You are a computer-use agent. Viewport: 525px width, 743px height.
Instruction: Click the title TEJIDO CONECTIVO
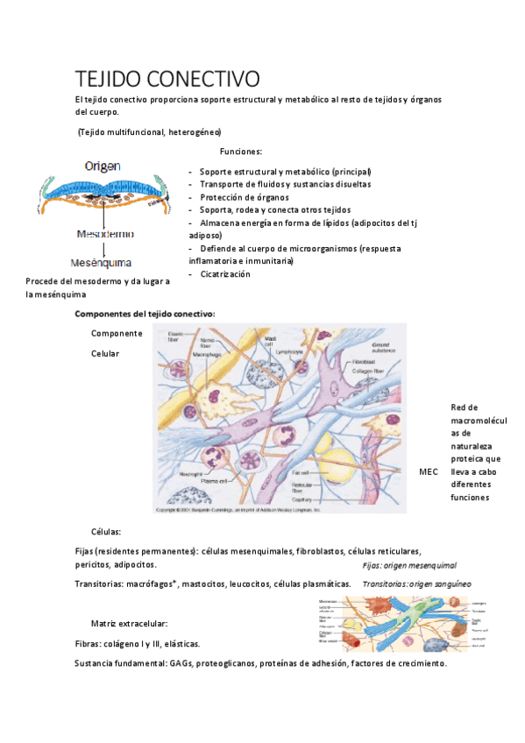pyautogui.click(x=167, y=78)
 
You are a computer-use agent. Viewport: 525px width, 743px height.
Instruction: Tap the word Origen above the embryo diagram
pyautogui.click(x=103, y=165)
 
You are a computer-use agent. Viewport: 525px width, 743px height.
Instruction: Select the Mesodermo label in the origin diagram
pyautogui.click(x=105, y=235)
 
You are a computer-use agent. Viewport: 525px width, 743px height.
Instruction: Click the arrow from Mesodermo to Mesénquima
pyautogui.click(x=104, y=249)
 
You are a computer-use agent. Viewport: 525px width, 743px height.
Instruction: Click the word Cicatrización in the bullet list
pyautogui.click(x=225, y=274)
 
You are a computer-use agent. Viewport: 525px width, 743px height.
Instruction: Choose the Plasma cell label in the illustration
pyautogui.click(x=216, y=481)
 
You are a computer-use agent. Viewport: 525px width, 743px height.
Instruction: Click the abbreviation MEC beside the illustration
pyautogui.click(x=429, y=471)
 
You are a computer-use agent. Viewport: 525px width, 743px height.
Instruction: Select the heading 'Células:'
pyautogui.click(x=106, y=532)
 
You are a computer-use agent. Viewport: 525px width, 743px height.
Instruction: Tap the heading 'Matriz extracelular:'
pyautogui.click(x=129, y=624)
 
